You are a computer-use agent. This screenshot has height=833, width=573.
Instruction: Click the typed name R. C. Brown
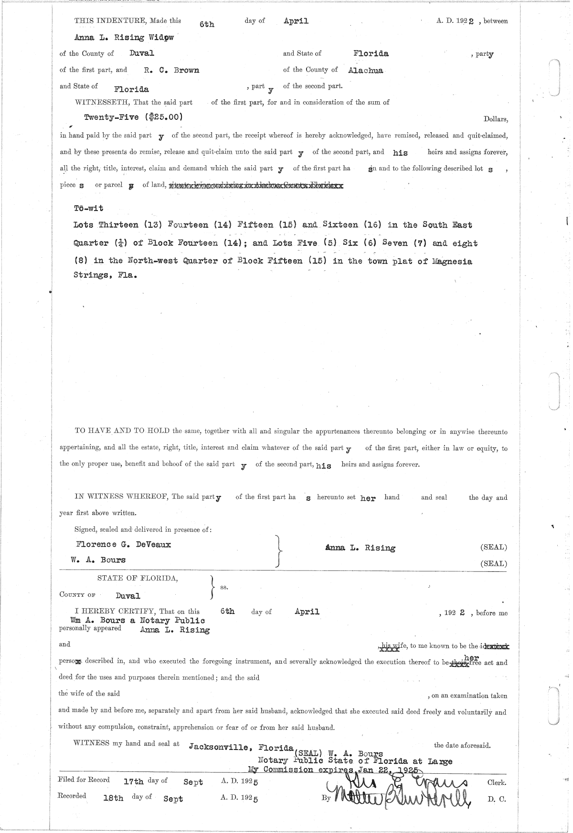(172, 70)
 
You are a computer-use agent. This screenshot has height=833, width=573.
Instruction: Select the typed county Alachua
(366, 71)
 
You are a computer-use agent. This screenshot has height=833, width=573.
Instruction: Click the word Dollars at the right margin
(496, 119)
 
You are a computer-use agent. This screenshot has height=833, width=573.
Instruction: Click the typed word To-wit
(88, 208)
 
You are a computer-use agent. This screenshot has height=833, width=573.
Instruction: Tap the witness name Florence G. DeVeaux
(123, 544)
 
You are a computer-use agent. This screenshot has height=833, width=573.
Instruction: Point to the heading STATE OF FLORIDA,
(138, 578)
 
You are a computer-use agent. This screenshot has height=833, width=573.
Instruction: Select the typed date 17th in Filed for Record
(133, 782)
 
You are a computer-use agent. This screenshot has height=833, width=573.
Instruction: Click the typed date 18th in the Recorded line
(113, 798)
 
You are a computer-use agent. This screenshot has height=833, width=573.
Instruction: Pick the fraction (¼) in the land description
(118, 243)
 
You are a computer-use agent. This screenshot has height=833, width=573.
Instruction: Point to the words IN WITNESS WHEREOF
(120, 496)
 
